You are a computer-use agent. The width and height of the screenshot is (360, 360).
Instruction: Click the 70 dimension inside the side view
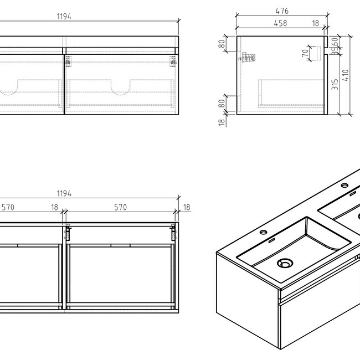(304, 54)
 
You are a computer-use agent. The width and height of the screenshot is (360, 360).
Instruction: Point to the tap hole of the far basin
(344, 185)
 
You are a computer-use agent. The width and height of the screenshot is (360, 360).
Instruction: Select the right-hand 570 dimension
(120, 208)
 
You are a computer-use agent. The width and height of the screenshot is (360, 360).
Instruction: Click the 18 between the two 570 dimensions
(54, 208)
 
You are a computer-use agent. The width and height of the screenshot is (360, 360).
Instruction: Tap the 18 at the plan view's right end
(186, 208)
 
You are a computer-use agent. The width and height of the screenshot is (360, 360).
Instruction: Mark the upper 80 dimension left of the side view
(222, 44)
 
